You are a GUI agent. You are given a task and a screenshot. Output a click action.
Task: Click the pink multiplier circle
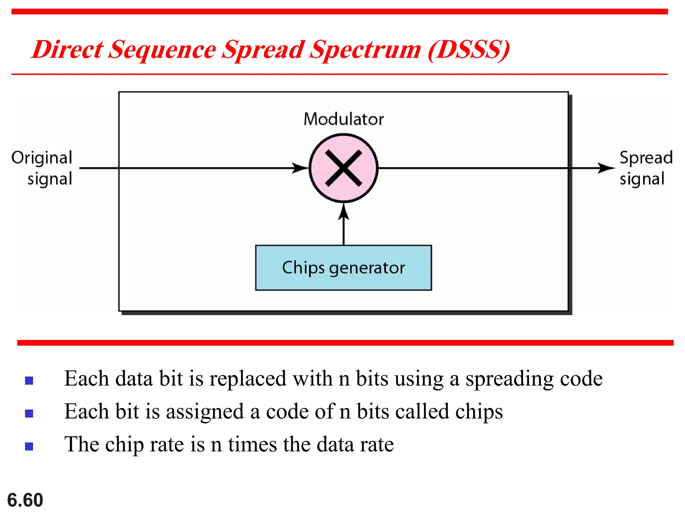(344, 168)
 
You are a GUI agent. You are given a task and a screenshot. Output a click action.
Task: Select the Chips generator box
(344, 268)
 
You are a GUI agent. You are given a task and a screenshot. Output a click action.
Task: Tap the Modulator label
(344, 119)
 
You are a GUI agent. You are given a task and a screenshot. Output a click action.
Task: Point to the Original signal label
(42, 168)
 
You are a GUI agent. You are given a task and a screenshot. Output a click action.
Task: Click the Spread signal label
(646, 168)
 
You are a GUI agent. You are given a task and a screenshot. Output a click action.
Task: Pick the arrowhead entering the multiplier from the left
(300, 168)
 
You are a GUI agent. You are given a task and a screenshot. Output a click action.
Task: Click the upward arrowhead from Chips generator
(344, 211)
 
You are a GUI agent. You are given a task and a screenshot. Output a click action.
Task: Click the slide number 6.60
(25, 500)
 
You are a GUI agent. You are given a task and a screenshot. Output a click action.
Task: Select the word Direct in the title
(68, 50)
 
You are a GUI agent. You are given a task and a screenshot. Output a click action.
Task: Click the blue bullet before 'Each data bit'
(29, 380)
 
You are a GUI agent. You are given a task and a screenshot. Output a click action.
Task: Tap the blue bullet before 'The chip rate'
(29, 446)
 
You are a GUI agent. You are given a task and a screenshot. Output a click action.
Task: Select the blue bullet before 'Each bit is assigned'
(29, 414)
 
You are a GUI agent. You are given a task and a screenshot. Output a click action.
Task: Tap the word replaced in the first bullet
(248, 379)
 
